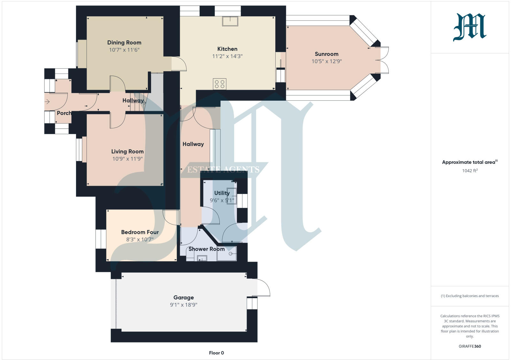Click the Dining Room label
click(124, 42)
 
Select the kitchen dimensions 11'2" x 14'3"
click(227, 56)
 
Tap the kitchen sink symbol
click(230, 21)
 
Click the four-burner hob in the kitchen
click(220, 84)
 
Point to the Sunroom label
click(326, 54)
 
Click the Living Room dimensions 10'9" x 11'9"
click(127, 159)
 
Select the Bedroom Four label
click(140, 232)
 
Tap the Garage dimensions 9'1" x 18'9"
click(183, 305)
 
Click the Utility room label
click(222, 193)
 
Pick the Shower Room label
click(206, 249)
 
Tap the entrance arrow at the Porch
click(47, 102)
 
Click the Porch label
click(64, 113)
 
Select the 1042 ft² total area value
click(469, 171)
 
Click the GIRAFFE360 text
click(469, 346)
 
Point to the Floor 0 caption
click(216, 353)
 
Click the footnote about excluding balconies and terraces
click(469, 296)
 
